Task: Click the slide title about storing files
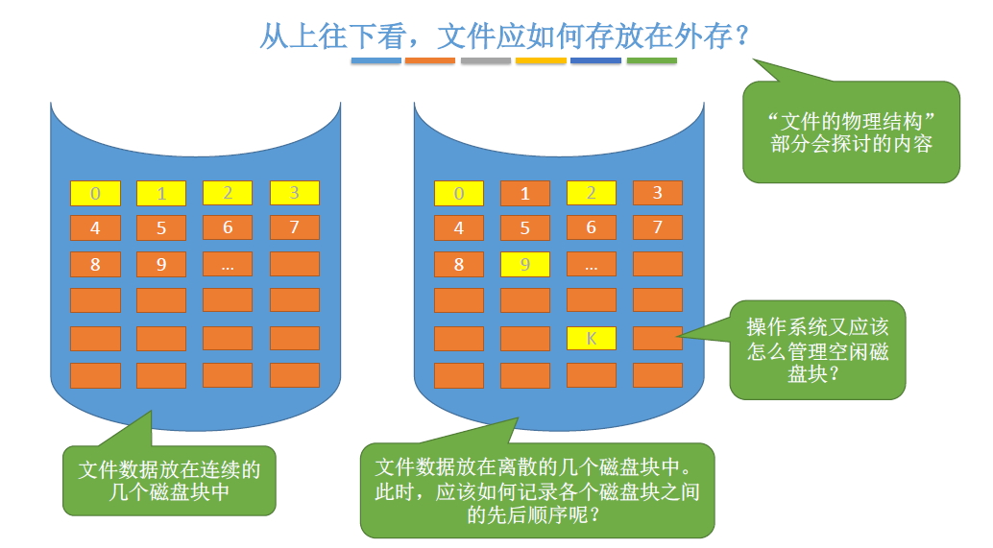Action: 504,36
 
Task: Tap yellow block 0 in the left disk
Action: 95,193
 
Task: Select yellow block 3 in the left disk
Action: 294,193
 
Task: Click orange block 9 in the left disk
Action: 161,264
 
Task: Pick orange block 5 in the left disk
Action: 161,228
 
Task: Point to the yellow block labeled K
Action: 592,338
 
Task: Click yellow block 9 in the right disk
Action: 525,264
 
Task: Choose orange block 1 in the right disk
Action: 525,193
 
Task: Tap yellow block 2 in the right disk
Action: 592,193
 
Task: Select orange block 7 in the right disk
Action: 658,228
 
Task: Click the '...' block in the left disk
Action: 228,264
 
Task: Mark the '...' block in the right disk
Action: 592,264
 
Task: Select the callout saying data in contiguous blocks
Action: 169,480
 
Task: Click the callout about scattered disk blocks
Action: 537,490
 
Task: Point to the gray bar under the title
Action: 485,60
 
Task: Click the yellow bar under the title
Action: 541,60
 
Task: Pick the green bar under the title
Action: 651,60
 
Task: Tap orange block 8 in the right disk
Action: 459,264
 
